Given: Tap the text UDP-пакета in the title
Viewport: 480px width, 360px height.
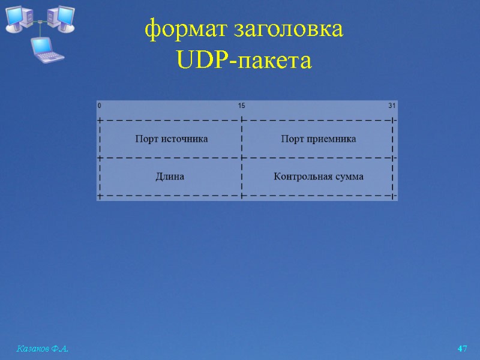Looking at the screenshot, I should coord(244,61).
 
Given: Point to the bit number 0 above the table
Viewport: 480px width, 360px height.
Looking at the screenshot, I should coord(100,106).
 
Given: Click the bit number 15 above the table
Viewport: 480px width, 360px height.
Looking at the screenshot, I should coord(241,106).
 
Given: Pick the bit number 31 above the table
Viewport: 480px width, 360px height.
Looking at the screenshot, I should coord(392,106).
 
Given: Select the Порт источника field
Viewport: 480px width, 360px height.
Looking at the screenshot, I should coord(172,139).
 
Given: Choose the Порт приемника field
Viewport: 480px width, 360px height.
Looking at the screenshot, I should coord(318,139).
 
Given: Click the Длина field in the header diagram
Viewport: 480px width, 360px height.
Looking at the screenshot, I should coord(170,176).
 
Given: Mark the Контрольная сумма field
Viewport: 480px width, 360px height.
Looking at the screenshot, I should coord(318,176).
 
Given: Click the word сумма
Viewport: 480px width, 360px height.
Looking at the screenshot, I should coord(349,176).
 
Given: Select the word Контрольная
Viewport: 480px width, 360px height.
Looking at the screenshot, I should coord(302,176).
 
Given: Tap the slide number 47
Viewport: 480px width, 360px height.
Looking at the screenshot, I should coord(462,349).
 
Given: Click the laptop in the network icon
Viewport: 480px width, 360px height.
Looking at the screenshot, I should coord(47,49).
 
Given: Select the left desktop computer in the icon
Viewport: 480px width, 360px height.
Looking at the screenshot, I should coord(17,18).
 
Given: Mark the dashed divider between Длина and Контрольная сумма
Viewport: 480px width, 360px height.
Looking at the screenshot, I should coord(241,176).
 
